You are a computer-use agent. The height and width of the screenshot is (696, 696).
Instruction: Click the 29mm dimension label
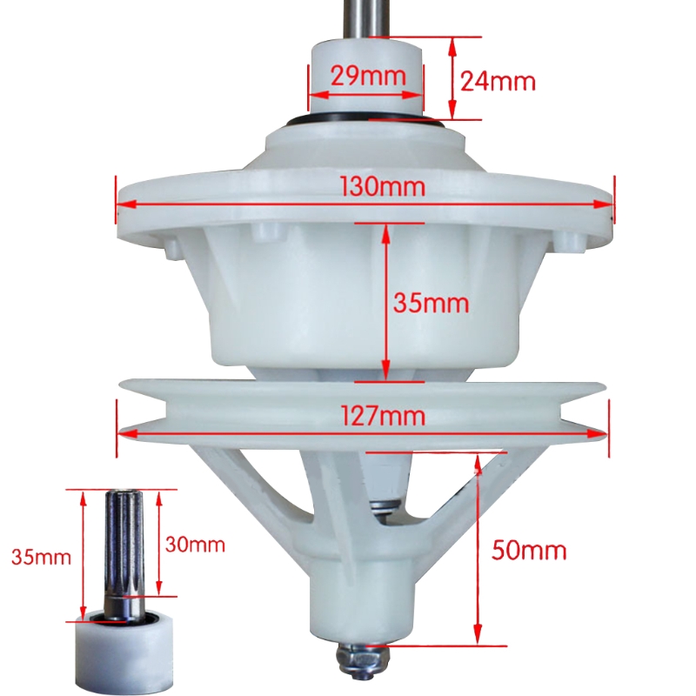click(368, 77)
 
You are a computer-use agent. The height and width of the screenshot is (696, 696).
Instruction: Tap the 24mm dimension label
click(498, 82)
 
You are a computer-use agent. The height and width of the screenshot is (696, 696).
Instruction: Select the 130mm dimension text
click(383, 186)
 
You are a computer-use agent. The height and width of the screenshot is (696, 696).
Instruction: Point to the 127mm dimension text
click(383, 417)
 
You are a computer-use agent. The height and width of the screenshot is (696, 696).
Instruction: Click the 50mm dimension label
click(529, 551)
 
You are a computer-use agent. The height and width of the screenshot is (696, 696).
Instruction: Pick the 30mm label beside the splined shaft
click(195, 545)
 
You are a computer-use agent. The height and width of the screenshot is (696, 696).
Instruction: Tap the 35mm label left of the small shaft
click(41, 557)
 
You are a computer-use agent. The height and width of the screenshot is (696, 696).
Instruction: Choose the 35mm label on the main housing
click(431, 304)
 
